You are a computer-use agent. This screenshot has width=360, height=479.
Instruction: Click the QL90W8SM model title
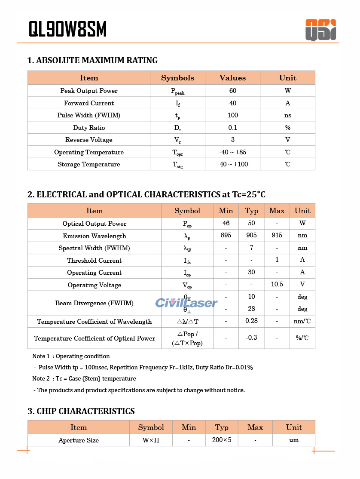point(67,29)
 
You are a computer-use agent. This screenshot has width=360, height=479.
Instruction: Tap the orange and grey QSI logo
point(320,30)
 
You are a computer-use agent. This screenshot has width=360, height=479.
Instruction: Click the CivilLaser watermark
point(186,303)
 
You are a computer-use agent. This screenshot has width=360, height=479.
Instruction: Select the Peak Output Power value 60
point(232,91)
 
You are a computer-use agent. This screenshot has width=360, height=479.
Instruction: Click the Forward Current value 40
point(232,103)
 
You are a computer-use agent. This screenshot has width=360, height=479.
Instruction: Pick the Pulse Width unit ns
point(287,115)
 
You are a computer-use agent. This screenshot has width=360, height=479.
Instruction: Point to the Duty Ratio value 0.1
point(232,128)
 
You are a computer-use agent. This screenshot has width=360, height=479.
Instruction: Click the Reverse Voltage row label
point(89,140)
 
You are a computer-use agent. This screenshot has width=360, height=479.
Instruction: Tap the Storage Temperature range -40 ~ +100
point(232,164)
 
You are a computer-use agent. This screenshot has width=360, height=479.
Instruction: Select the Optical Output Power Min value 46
point(226,223)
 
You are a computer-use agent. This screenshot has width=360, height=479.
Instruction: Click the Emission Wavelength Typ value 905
point(251,235)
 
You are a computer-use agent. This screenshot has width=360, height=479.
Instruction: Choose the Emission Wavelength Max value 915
point(277,235)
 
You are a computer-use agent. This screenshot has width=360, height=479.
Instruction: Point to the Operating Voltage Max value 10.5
point(277,284)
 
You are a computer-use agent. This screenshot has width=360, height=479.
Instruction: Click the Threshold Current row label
point(94,260)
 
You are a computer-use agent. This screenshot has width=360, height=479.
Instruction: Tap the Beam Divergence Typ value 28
point(251,309)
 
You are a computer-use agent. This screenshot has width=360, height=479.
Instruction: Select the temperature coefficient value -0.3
point(251,338)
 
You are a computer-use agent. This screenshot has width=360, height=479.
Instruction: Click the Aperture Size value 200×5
point(222,440)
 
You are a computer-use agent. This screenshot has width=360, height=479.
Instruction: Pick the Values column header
point(232,78)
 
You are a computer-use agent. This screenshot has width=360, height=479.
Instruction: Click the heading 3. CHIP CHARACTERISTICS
point(81,411)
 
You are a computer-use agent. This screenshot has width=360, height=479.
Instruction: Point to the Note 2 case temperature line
point(84,379)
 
